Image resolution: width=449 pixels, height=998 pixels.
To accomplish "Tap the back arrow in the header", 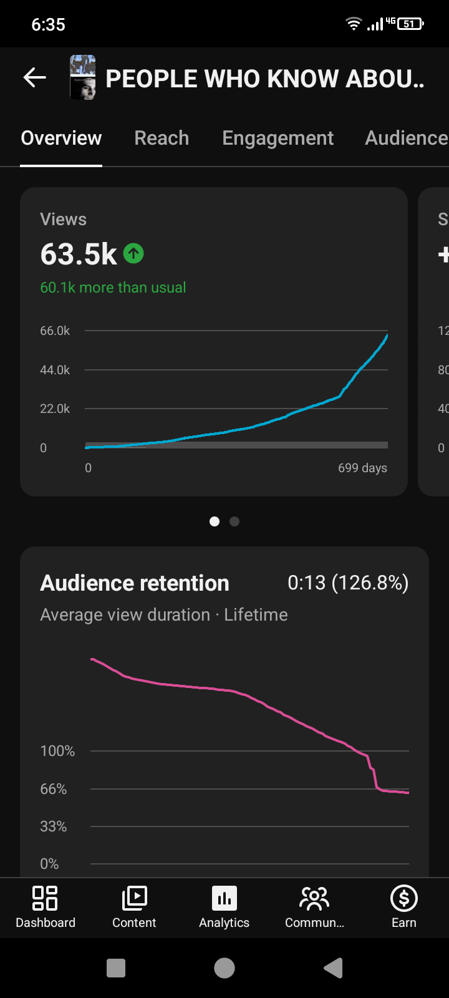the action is point(35,77).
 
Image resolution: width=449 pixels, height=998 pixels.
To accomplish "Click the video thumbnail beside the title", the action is point(83,77).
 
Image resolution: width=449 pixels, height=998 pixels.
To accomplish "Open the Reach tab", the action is point(162,138).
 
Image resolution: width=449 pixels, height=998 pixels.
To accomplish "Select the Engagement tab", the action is point(278,138).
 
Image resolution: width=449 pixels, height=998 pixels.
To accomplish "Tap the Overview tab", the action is point(62,138).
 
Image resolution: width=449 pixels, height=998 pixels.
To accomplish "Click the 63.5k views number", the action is point(79,254).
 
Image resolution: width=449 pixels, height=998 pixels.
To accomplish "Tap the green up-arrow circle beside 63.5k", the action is point(133,253).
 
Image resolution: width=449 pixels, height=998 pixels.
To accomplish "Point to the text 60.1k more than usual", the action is point(113,288).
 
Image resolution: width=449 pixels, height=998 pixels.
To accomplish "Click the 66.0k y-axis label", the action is point(55,331).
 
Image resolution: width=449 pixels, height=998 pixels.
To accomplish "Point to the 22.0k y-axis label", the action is point(55,409).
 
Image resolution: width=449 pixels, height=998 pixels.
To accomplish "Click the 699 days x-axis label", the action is point(362,468).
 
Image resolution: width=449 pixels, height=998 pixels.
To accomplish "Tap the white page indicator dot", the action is point(215,521).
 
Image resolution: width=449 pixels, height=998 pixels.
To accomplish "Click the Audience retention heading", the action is point(135,583).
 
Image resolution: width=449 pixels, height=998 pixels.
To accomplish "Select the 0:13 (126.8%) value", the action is point(349,583).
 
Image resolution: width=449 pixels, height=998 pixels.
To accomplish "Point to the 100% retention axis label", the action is point(57,751).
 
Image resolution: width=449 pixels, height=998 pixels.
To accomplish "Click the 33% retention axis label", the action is point(54,826).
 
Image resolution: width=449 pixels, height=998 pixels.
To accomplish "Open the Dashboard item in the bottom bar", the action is point(46,907).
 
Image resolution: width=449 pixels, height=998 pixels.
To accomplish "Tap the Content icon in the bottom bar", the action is point(135,898).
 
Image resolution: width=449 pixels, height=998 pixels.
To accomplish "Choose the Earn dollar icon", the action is point(404,898).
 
